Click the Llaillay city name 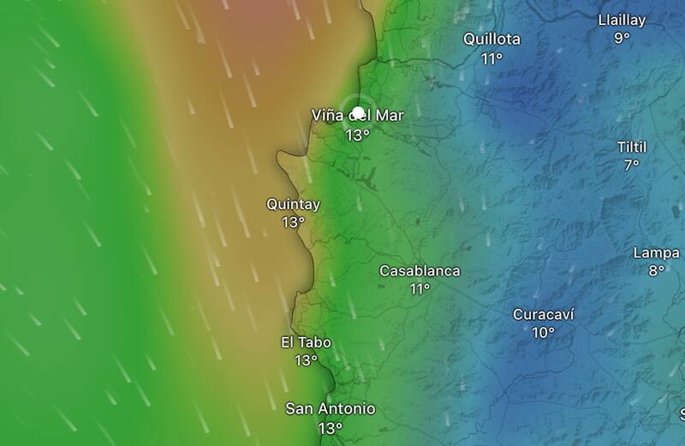[x=622, y=20]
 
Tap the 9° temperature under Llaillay [x=622, y=38]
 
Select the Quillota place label [x=491, y=39]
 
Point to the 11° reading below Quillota [x=491, y=58]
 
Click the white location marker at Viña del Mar [x=359, y=112]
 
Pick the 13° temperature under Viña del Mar [x=357, y=135]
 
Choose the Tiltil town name [x=632, y=147]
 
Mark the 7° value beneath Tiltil [x=632, y=166]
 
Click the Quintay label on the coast [x=293, y=204]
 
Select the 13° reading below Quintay [x=293, y=222]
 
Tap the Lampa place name [x=656, y=253]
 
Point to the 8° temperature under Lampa [x=656, y=271]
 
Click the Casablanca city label [x=420, y=271]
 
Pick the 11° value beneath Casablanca [x=420, y=289]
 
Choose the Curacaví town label [x=543, y=315]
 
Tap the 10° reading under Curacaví [x=543, y=333]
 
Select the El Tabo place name [x=306, y=342]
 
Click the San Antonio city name [x=330, y=409]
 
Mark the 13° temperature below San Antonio [x=330, y=428]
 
